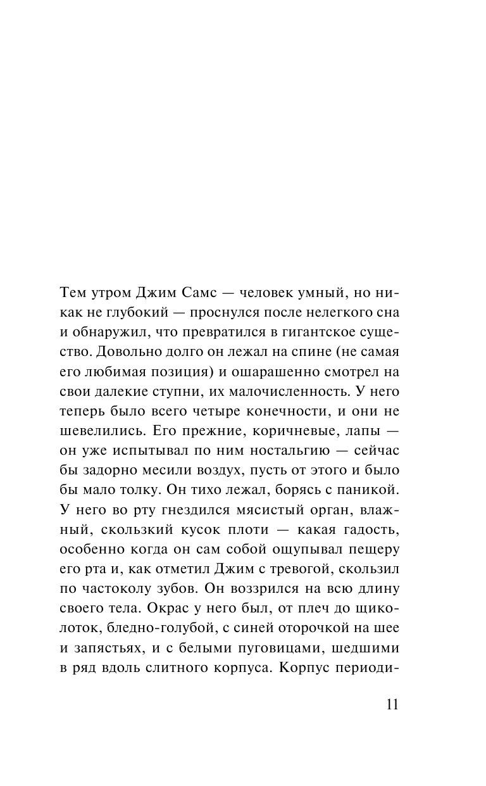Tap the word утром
tap(106, 294)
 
